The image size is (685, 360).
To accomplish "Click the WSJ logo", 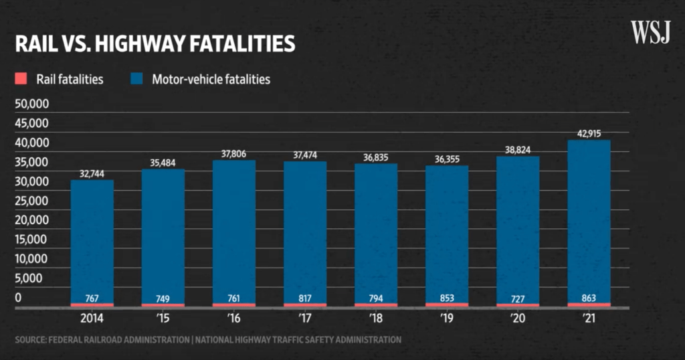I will [650, 32].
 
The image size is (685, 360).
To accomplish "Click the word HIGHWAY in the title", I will [143, 43].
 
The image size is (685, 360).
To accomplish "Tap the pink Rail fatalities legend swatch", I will [19, 79].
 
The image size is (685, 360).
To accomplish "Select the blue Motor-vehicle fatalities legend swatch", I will [137, 79].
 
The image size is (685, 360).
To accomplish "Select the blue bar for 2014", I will [92, 241].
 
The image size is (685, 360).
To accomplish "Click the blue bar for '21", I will [589, 221].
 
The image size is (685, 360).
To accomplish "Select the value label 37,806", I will [233, 154].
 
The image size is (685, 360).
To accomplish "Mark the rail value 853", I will [447, 298].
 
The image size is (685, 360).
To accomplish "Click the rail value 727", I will [518, 298].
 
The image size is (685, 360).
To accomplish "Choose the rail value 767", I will [92, 298].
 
